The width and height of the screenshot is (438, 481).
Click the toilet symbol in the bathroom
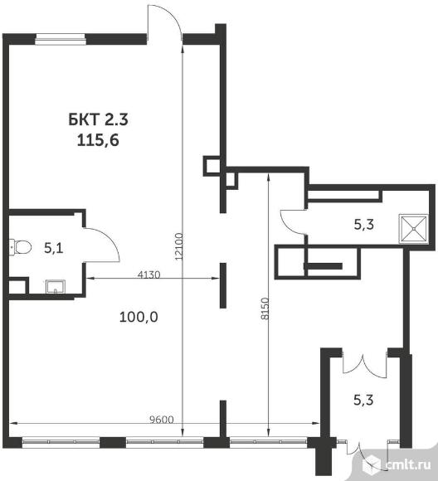point(20,247)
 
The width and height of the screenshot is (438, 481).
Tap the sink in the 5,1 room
point(56,286)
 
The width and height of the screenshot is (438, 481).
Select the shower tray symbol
point(413,229)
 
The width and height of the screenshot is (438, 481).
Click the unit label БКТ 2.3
point(98,119)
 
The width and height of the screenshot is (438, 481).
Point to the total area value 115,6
point(98,140)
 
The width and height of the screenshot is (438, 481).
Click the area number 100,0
point(139,317)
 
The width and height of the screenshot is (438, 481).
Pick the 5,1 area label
point(54,248)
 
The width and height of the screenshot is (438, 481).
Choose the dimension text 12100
point(178,246)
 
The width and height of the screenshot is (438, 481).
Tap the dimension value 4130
point(148,275)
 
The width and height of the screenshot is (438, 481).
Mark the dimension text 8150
point(265,309)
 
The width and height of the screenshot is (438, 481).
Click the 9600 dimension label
point(162,420)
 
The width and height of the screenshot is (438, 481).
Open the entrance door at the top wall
point(164,23)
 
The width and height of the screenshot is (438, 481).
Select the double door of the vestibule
point(364,366)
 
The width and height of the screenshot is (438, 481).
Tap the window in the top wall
point(61,39)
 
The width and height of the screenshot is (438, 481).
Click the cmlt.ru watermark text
point(408,464)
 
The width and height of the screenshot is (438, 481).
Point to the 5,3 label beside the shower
point(364,225)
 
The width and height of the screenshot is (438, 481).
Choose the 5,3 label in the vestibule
point(363,400)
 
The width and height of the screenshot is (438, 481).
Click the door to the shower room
point(293,221)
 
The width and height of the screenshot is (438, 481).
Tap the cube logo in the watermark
point(372,465)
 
